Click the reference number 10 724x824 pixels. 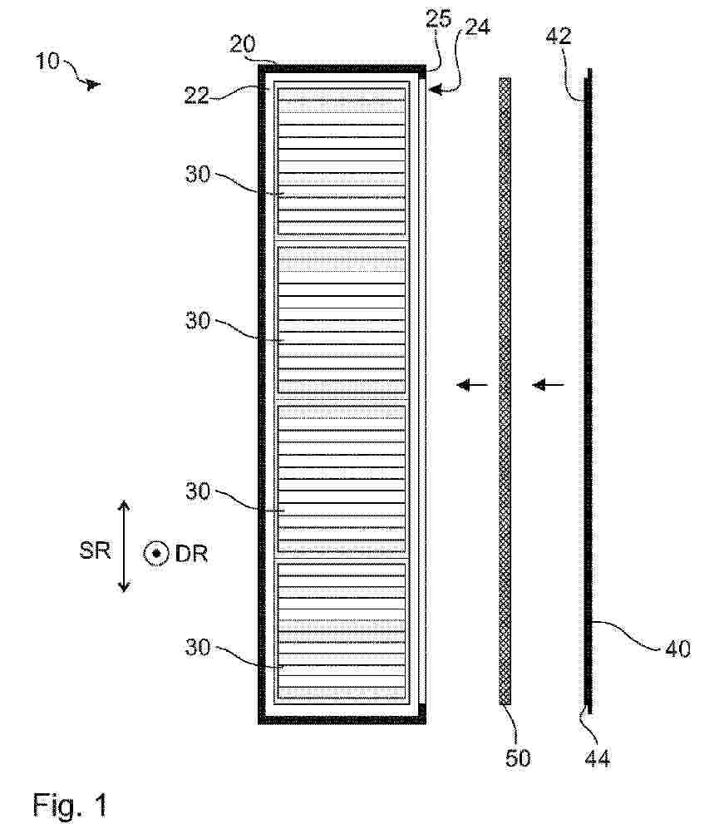48,61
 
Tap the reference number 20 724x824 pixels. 242,44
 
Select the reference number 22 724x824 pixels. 196,95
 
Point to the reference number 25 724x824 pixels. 439,18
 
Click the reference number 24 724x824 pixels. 478,27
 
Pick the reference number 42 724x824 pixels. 558,36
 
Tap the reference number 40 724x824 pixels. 677,649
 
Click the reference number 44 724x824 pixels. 598,758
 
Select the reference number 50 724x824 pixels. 518,757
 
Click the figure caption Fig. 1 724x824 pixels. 70,804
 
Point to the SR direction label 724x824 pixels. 95,550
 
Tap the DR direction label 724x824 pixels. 191,554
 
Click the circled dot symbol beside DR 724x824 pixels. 156,554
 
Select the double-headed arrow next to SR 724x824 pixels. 124,546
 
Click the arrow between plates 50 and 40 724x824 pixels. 548,385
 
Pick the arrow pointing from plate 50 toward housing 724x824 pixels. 472,385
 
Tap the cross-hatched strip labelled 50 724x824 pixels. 505,391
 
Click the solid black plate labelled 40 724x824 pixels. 589,391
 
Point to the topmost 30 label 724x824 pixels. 198,174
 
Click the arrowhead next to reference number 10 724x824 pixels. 94,84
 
